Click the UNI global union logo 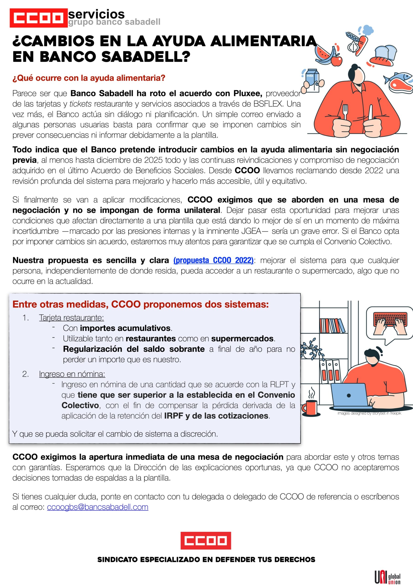coord(387,577)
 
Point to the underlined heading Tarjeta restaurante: coord(71,317)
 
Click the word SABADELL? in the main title coord(146,57)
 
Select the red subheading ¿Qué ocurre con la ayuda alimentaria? coord(89,78)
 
